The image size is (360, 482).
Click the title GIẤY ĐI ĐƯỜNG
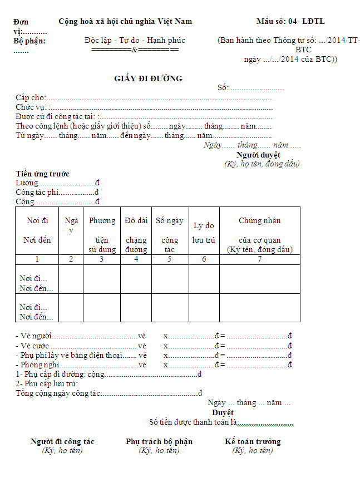pos(148,78)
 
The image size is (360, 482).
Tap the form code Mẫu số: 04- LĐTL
pos(290,22)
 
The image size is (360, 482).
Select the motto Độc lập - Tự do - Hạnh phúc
pos(135,40)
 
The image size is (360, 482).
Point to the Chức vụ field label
pos(31,107)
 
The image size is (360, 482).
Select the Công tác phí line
pos(38,192)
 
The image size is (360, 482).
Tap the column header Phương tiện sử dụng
pos(102,234)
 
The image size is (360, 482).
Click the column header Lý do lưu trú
pos(204,233)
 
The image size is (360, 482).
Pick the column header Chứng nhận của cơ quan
pos(259,234)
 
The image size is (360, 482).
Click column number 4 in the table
pos(136,259)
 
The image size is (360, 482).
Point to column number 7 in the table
pos(259,259)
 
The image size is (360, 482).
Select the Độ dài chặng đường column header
pos(136,234)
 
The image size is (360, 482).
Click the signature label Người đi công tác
pos(62,441)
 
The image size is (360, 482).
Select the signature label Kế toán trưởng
pos(253,441)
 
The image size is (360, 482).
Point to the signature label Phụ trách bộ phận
pos(159,441)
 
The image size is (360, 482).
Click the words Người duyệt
pos(258,155)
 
